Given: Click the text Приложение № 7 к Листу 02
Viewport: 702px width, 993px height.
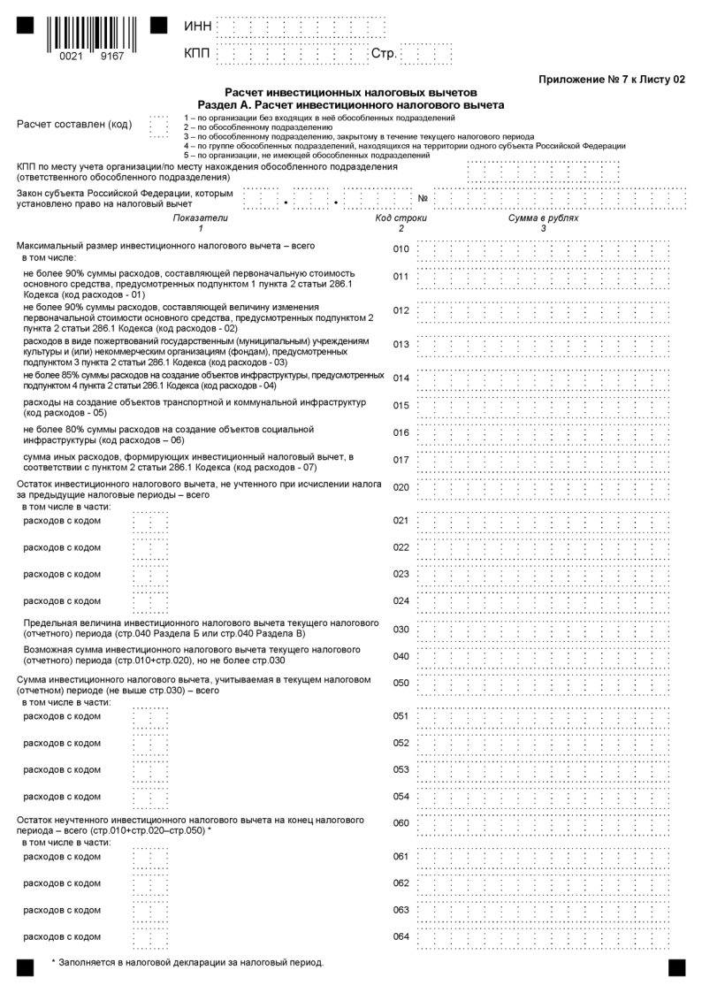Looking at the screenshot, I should tap(612, 80).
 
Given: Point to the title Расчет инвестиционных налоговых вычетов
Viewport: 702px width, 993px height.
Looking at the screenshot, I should tap(351, 92).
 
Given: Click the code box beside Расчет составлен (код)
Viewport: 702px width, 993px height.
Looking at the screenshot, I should tap(158, 126).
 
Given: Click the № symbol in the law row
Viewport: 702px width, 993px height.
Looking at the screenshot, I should tap(423, 197).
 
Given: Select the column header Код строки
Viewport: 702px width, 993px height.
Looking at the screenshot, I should tap(401, 218).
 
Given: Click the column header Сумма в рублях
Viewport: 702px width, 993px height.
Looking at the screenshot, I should tap(543, 218).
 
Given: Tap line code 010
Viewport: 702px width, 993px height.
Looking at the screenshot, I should tap(401, 249).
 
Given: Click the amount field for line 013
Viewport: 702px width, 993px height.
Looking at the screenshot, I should tap(544, 344).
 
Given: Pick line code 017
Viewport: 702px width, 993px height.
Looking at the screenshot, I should tap(401, 460).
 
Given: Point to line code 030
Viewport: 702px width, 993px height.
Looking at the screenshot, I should tap(401, 630).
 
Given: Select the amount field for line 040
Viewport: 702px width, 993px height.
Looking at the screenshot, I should tap(544, 656).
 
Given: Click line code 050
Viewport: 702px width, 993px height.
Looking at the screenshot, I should tap(401, 684).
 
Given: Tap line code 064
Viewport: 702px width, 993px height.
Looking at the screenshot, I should tap(401, 937).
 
